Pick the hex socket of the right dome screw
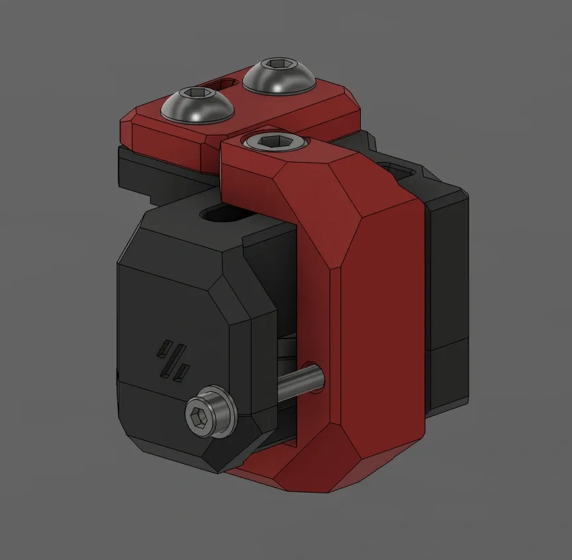tap(278, 64)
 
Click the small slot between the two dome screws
tap(225, 83)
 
